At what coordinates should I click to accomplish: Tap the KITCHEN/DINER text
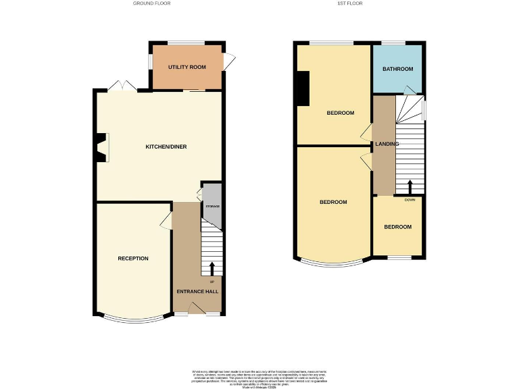pos(166,147)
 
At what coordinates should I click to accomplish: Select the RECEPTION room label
pos(133,259)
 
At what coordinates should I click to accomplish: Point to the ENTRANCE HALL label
pos(197,291)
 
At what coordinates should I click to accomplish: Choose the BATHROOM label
pos(397,69)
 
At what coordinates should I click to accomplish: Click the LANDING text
pos(388,144)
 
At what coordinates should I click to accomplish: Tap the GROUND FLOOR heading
pos(153,3)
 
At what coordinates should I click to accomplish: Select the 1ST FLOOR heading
pos(351,3)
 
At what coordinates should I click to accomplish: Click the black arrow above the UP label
pos(212,267)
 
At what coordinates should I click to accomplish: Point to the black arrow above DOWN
pos(410,186)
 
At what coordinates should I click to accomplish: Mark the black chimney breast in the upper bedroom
pos(304,88)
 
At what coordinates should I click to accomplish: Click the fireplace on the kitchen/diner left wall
pos(101,147)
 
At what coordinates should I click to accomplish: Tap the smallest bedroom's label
pos(397,227)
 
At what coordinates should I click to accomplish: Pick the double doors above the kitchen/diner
pos(121,86)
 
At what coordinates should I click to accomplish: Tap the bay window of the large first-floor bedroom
pos(334,262)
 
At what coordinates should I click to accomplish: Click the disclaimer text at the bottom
pos(259,376)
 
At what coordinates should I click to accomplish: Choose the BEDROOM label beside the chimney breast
pos(341,113)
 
